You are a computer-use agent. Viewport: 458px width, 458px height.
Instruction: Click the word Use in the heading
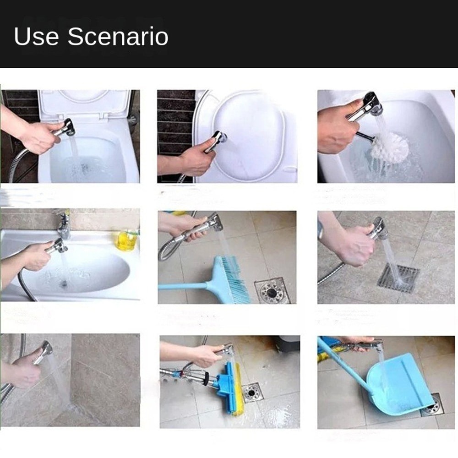click(37, 37)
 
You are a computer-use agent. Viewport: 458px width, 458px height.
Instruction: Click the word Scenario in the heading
click(118, 37)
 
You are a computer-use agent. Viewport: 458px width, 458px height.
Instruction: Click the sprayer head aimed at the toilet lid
click(219, 137)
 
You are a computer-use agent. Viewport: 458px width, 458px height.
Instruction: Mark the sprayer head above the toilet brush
click(371, 104)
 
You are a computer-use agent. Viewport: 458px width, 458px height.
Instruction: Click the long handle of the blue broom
click(183, 286)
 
